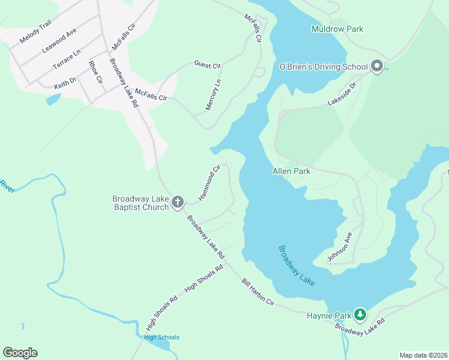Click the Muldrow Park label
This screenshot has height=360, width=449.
pyautogui.click(x=337, y=29)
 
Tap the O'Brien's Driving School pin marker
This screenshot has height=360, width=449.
pyautogui.click(x=377, y=66)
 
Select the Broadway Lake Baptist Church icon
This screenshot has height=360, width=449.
pyautogui.click(x=178, y=203)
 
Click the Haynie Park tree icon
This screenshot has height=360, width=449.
pyautogui.click(x=360, y=314)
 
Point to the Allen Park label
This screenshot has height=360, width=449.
pyautogui.click(x=291, y=171)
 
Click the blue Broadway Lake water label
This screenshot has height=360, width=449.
pyautogui.click(x=297, y=265)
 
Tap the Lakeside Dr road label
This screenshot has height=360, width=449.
pyautogui.click(x=342, y=95)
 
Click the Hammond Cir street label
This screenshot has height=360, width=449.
pyautogui.click(x=210, y=182)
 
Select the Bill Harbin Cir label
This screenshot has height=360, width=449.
pyautogui.click(x=258, y=293)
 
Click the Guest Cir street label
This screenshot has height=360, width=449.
pyautogui.click(x=208, y=64)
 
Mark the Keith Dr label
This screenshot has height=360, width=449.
pyautogui.click(x=65, y=80)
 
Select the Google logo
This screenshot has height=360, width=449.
pyautogui.click(x=20, y=353)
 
